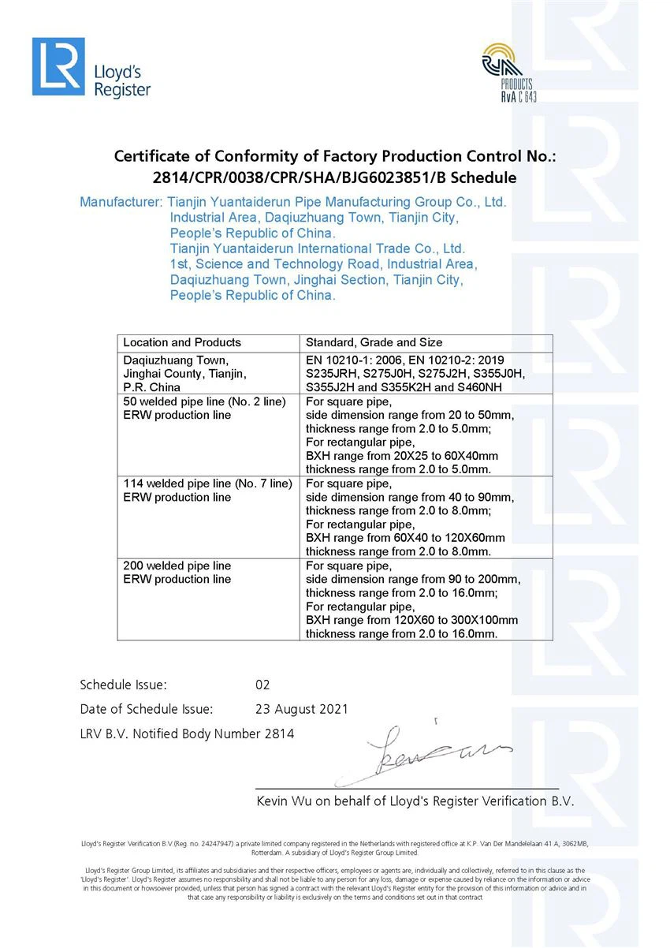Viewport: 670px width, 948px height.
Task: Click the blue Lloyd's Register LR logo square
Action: click(x=58, y=66)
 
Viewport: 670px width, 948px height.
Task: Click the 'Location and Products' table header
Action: click(x=182, y=342)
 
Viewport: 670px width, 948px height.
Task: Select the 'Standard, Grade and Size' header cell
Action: click(x=374, y=342)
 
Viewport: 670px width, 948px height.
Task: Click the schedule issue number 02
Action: click(x=262, y=685)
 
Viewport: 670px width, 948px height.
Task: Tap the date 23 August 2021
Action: click(x=302, y=709)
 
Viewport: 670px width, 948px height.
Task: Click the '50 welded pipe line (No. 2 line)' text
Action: click(x=204, y=401)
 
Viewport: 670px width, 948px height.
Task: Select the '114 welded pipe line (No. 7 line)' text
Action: click(x=207, y=483)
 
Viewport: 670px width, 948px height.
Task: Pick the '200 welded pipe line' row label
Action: click(x=177, y=565)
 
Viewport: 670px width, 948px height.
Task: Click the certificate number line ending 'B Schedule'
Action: click(x=335, y=177)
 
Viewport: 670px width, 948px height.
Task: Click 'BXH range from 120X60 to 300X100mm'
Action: click(x=412, y=620)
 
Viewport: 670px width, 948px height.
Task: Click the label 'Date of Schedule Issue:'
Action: click(x=147, y=709)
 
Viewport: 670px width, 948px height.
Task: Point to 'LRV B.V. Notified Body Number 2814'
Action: click(x=187, y=733)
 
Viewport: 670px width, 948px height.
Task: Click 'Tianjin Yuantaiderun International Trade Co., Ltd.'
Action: click(x=318, y=248)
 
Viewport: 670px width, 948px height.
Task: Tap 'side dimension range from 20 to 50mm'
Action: click(x=409, y=415)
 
